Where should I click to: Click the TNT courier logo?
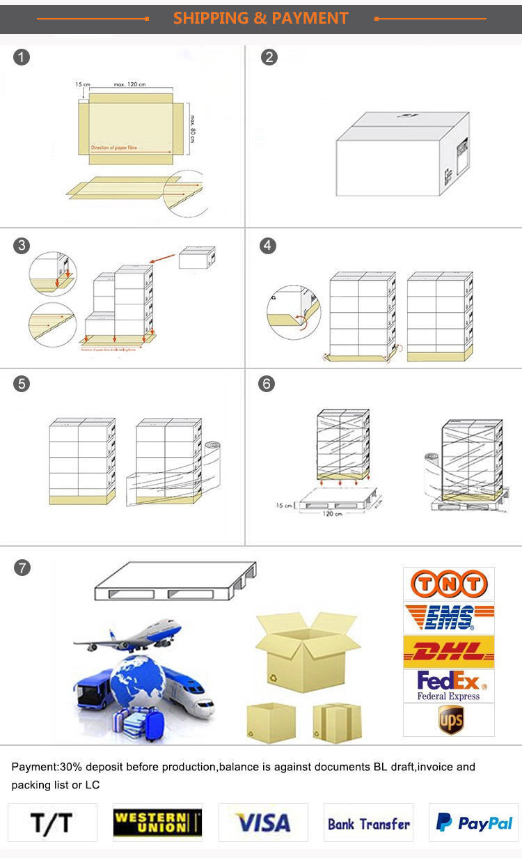click(x=448, y=584)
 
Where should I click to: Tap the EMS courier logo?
click(x=448, y=618)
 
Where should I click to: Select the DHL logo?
click(x=448, y=652)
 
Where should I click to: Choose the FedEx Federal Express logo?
click(x=448, y=685)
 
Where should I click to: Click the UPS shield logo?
click(x=450, y=719)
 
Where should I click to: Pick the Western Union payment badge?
click(x=157, y=823)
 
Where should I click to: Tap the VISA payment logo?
click(x=263, y=823)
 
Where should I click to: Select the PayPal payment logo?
click(x=474, y=823)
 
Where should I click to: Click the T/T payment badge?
click(x=52, y=823)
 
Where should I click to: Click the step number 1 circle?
click(x=22, y=57)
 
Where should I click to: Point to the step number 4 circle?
click(x=268, y=245)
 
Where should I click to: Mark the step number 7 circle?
click(x=22, y=568)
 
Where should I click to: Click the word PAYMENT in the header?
click(x=308, y=18)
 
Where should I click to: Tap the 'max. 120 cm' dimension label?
click(x=129, y=84)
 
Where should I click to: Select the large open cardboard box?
click(x=307, y=651)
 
